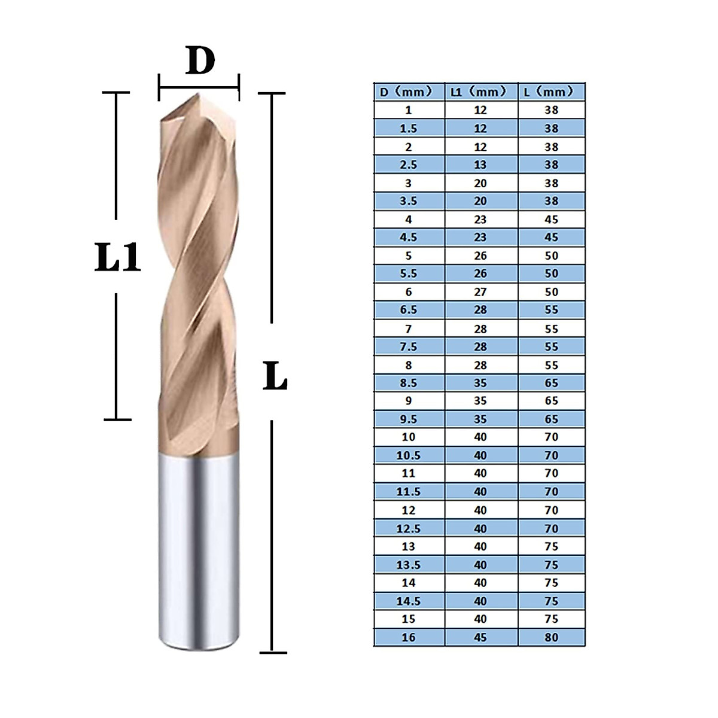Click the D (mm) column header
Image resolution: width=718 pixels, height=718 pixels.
click(409, 92)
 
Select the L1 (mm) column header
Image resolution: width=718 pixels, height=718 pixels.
click(480, 92)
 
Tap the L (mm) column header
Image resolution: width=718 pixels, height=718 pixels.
click(551, 92)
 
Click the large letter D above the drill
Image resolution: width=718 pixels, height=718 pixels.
click(200, 61)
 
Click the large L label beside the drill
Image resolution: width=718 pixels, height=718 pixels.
click(275, 377)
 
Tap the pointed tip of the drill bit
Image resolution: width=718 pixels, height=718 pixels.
click(197, 96)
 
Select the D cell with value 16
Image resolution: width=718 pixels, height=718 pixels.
click(409, 637)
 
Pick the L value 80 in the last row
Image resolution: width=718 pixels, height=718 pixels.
click(551, 637)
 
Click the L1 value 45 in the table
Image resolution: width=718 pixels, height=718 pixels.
click(480, 637)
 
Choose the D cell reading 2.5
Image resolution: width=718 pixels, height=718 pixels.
click(409, 165)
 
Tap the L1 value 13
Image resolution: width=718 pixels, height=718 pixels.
click(480, 165)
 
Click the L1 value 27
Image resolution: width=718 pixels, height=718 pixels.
click(480, 292)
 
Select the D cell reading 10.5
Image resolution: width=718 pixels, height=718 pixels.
click(409, 455)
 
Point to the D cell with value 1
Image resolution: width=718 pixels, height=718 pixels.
click(409, 110)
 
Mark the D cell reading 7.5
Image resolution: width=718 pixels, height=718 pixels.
click(409, 346)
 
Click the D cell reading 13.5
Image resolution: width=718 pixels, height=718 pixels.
click(409, 565)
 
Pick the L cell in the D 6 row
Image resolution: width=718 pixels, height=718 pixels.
click(551, 292)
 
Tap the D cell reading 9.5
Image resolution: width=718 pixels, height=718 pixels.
click(409, 419)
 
